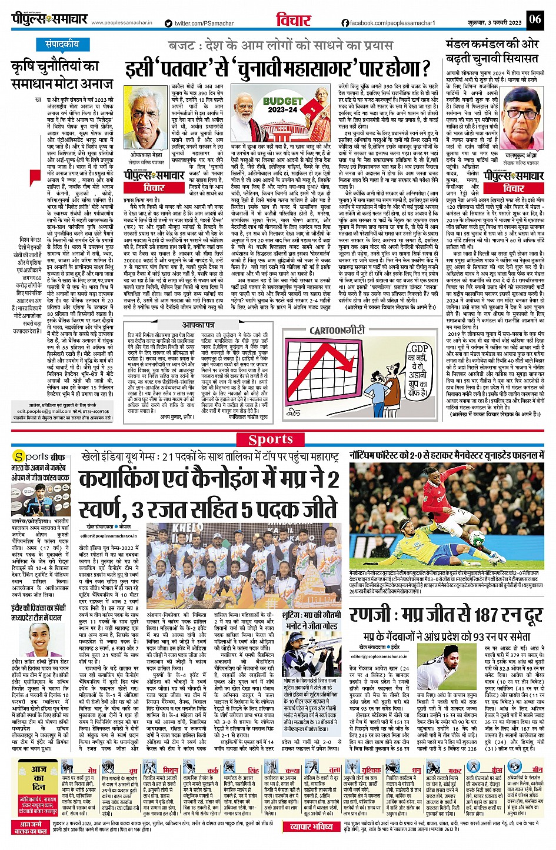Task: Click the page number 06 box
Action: click(x=534, y=19)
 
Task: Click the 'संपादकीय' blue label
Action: click(x=62, y=44)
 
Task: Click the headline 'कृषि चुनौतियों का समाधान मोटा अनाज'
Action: click(x=62, y=75)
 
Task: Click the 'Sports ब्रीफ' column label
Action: click(x=39, y=456)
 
